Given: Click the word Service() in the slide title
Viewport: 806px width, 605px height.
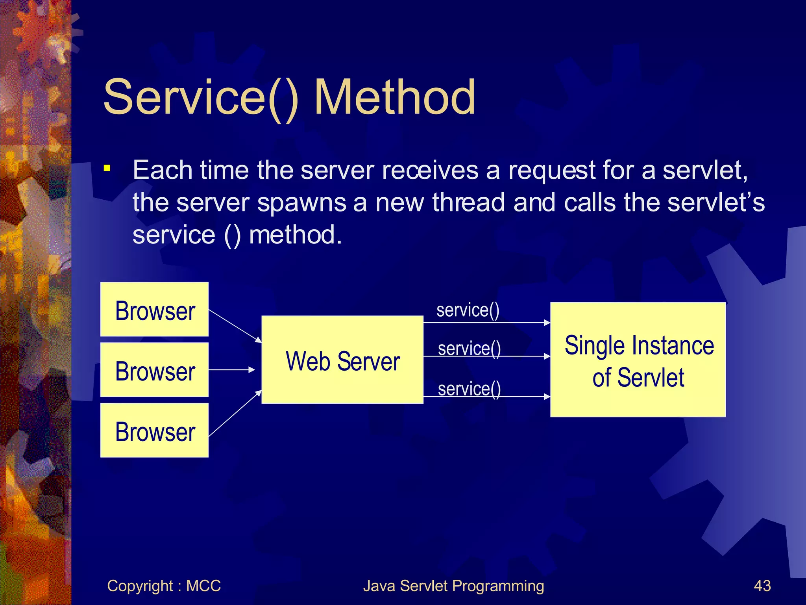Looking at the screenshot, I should (201, 97).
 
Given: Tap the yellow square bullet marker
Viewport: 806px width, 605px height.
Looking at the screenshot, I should (107, 169).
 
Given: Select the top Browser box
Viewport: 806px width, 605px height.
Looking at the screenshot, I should (154, 310).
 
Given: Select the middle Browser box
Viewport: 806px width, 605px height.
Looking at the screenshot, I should (154, 370).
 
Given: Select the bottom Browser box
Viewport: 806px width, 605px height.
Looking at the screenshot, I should (154, 430).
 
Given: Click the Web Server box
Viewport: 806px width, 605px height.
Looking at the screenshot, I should (342, 360).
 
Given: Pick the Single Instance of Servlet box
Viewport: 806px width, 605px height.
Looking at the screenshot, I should (638, 360).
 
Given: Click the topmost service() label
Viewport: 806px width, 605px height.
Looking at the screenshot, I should (468, 310).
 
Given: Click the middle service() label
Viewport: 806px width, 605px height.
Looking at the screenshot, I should (469, 349).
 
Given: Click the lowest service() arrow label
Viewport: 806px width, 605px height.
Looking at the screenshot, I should (469, 389).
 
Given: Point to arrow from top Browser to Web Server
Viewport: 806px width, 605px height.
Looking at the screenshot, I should (235, 326).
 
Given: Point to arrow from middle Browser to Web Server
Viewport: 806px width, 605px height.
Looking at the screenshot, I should (231, 370).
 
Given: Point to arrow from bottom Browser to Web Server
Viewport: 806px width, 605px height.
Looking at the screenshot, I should (235, 414).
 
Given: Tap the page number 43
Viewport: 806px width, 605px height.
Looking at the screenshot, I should (762, 586).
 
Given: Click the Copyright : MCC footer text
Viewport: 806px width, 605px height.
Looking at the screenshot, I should (164, 586).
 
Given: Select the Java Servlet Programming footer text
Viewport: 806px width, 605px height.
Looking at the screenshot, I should (453, 586).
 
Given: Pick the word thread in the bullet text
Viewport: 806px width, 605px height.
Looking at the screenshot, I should (468, 202).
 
